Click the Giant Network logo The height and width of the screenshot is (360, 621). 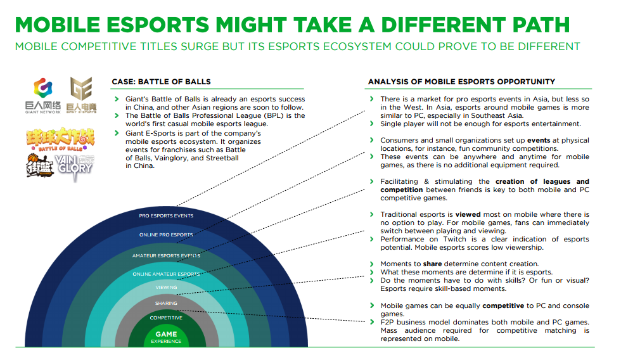coord(43,96)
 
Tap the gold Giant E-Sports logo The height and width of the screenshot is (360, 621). coord(81,95)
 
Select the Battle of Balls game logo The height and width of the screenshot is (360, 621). coord(60,139)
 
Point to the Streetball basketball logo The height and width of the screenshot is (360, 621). coord(40,165)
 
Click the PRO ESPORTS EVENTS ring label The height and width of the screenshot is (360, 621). coord(166,216)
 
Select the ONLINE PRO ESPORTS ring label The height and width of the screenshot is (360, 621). coord(166,235)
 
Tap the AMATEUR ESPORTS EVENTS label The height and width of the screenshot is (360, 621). coord(166,256)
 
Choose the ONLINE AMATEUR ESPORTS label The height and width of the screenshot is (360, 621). coord(166,274)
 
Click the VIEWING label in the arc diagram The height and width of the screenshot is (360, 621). coord(166,288)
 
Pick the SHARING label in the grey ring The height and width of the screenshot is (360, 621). coord(166,304)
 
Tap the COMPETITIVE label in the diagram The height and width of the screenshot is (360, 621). coord(166,318)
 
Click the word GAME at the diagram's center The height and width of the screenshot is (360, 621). coord(166,334)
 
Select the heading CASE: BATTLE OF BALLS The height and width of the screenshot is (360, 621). coord(161,82)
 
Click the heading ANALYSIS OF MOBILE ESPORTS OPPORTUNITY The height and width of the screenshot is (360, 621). coord(461,82)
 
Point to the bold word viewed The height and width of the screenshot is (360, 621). coord(468,215)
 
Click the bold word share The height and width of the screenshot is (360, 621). coord(432,264)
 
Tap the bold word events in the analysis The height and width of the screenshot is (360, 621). coord(538,141)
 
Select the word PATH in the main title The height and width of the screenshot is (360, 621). coord(541,25)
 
